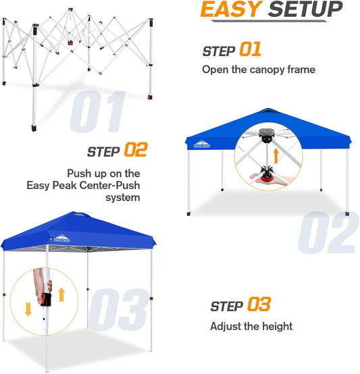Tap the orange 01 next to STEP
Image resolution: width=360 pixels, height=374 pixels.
pos(250,50)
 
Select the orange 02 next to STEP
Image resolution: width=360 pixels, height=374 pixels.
pos(134,151)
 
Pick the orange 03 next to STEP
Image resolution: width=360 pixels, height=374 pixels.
pos(259,305)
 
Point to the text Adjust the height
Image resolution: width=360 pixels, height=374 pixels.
pos(251,326)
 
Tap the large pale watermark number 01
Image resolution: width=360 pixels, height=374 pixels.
pos(98,111)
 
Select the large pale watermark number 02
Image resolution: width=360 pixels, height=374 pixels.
pos(327,234)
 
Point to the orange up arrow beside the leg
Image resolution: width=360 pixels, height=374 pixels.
pos(62,294)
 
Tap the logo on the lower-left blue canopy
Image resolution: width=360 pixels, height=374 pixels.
pos(61,236)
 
